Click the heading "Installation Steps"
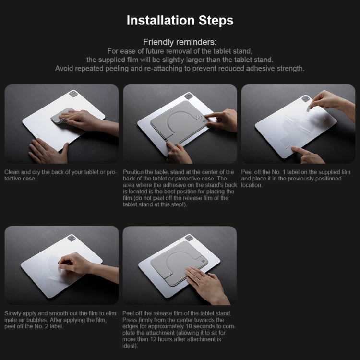click(x=180, y=20)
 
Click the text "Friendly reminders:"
click(x=180, y=42)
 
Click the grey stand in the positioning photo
click(x=173, y=120)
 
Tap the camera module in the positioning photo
click(x=189, y=96)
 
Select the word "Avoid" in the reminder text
click(x=64, y=68)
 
